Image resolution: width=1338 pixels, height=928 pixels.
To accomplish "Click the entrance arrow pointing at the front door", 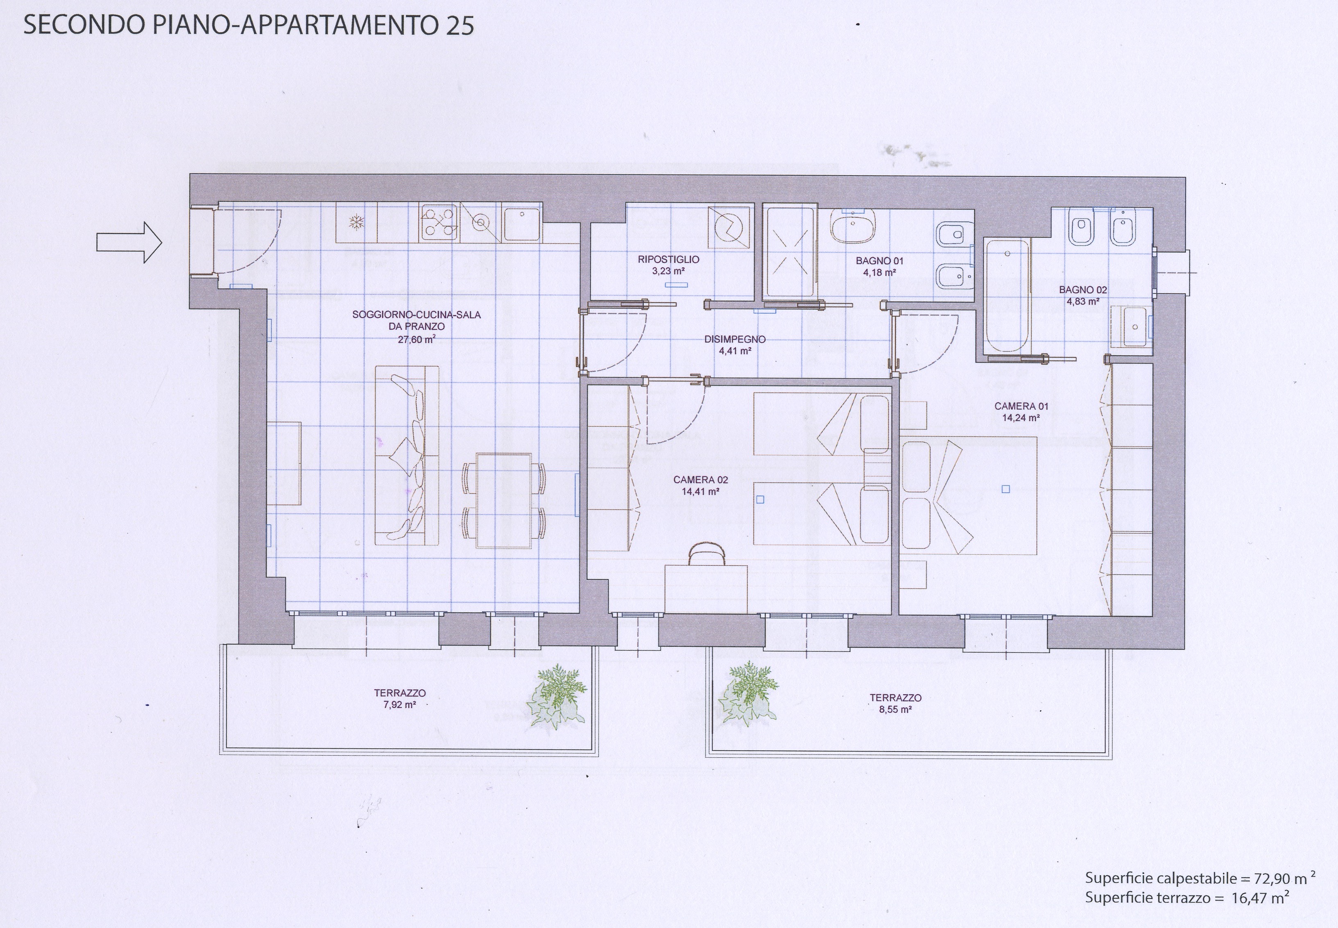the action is (129, 242).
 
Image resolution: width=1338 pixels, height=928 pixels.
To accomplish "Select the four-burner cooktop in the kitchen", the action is (439, 221).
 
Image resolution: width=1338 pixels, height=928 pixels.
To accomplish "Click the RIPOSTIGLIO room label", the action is (668, 260).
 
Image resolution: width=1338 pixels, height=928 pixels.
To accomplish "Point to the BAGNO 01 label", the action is (879, 261).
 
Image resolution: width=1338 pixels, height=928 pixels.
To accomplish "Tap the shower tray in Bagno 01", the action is (790, 252).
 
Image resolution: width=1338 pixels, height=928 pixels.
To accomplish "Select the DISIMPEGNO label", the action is (735, 339).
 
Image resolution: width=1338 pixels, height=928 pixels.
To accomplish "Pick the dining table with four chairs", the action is (504, 501).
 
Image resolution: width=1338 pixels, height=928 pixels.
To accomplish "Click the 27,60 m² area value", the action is (417, 339).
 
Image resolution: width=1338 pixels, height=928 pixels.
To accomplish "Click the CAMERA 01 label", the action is (1021, 406).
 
